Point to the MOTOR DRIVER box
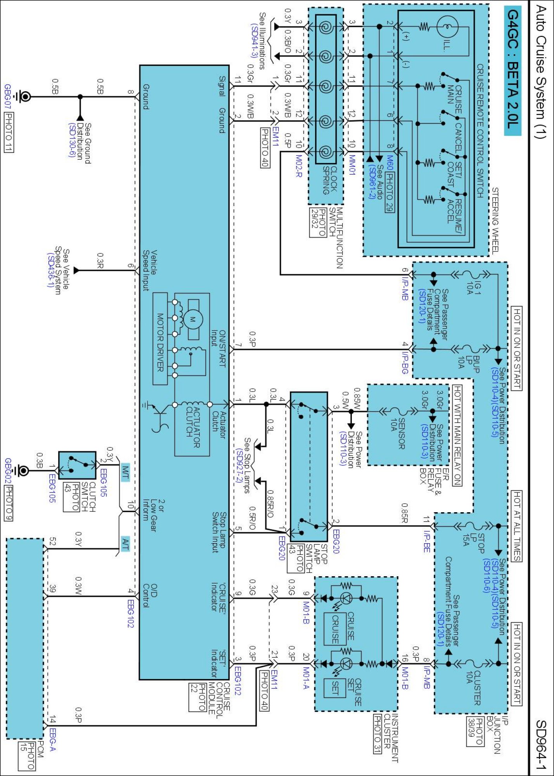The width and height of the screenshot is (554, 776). pyautogui.click(x=160, y=339)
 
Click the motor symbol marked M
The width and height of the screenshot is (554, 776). pyautogui.click(x=193, y=319)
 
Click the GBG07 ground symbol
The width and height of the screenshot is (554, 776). pyautogui.click(x=24, y=97)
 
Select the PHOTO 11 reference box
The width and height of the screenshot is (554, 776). pyautogui.click(x=9, y=132)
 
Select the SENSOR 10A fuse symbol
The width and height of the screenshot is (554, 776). pyautogui.click(x=396, y=412)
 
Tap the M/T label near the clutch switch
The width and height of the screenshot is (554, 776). pyautogui.click(x=125, y=472)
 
